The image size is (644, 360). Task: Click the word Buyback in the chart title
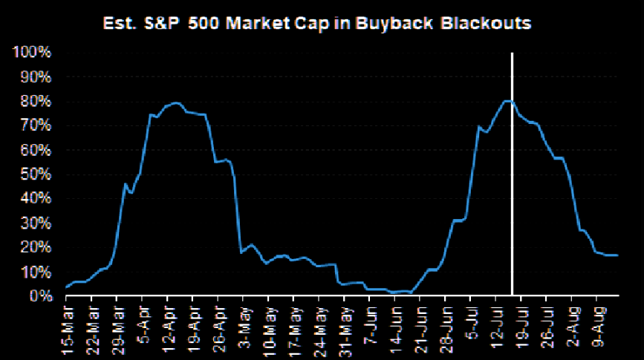[x=397, y=23]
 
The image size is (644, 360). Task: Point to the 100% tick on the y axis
[x=31, y=53]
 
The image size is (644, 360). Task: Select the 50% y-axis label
[x=34, y=174]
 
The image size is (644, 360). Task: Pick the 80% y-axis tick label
[x=34, y=102]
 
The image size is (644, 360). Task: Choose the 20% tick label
[x=34, y=247]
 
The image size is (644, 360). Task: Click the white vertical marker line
[x=512, y=186]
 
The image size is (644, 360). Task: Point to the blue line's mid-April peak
[x=175, y=102]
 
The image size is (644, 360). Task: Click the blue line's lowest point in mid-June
[x=394, y=293]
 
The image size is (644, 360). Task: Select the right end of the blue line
[x=618, y=255]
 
